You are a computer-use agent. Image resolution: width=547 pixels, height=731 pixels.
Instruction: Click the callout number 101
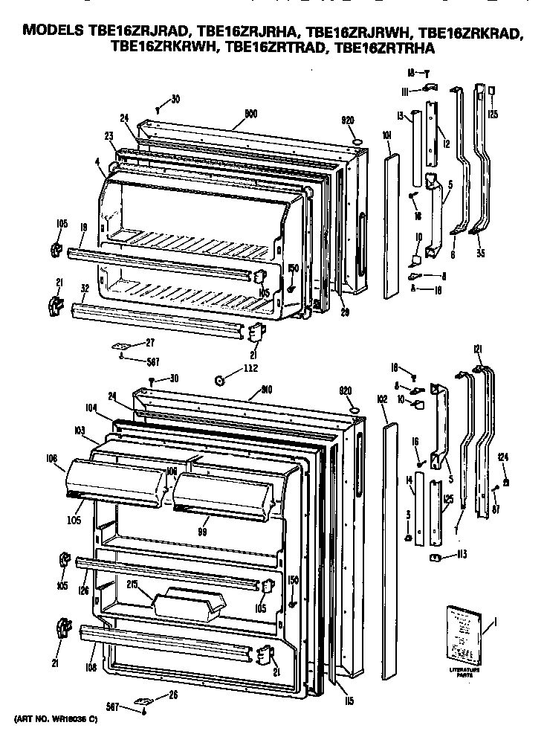pyautogui.click(x=386, y=135)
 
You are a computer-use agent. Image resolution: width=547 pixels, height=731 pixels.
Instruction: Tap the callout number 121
pyautogui.click(x=479, y=350)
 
